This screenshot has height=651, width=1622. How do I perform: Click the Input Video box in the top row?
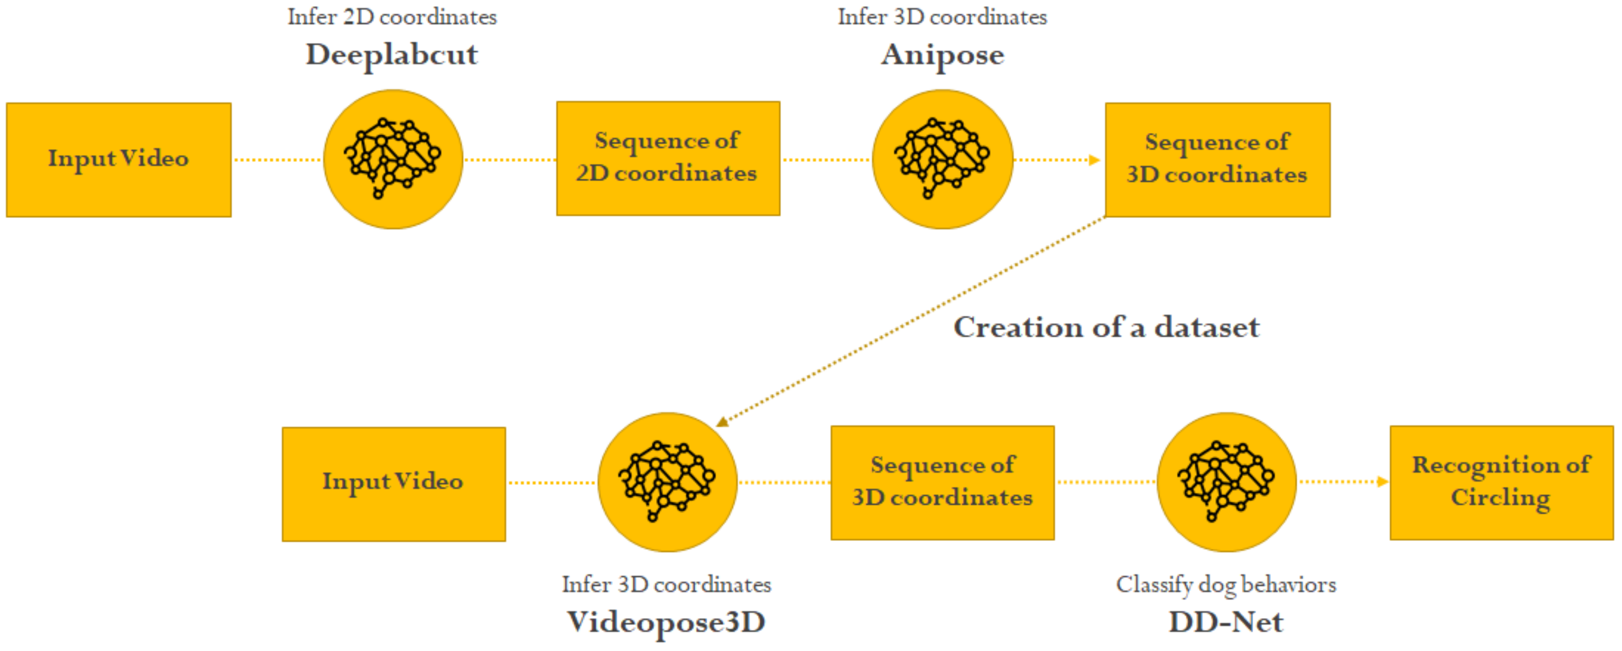click(x=118, y=159)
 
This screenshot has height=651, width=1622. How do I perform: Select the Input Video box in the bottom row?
click(x=394, y=483)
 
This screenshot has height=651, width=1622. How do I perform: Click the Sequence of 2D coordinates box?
click(x=667, y=158)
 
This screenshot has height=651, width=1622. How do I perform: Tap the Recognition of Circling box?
click(x=1501, y=482)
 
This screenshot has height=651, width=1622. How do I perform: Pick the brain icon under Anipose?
click(x=942, y=159)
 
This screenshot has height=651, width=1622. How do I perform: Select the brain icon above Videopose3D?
click(x=667, y=482)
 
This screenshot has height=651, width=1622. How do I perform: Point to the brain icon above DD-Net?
click(x=1226, y=482)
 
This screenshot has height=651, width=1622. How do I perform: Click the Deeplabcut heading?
click(x=392, y=55)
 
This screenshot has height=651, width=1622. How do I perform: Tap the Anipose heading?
click(x=942, y=55)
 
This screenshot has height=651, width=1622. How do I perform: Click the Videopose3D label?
click(x=666, y=622)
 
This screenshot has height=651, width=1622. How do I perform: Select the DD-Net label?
click(x=1225, y=622)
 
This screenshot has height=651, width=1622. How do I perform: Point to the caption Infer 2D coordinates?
click(x=392, y=17)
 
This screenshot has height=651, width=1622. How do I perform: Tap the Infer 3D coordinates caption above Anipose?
click(x=942, y=17)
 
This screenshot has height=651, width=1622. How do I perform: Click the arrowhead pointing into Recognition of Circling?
click(x=1383, y=482)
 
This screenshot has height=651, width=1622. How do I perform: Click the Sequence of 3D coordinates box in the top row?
click(x=1217, y=159)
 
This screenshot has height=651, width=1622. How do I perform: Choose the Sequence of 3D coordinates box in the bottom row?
click(x=942, y=482)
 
